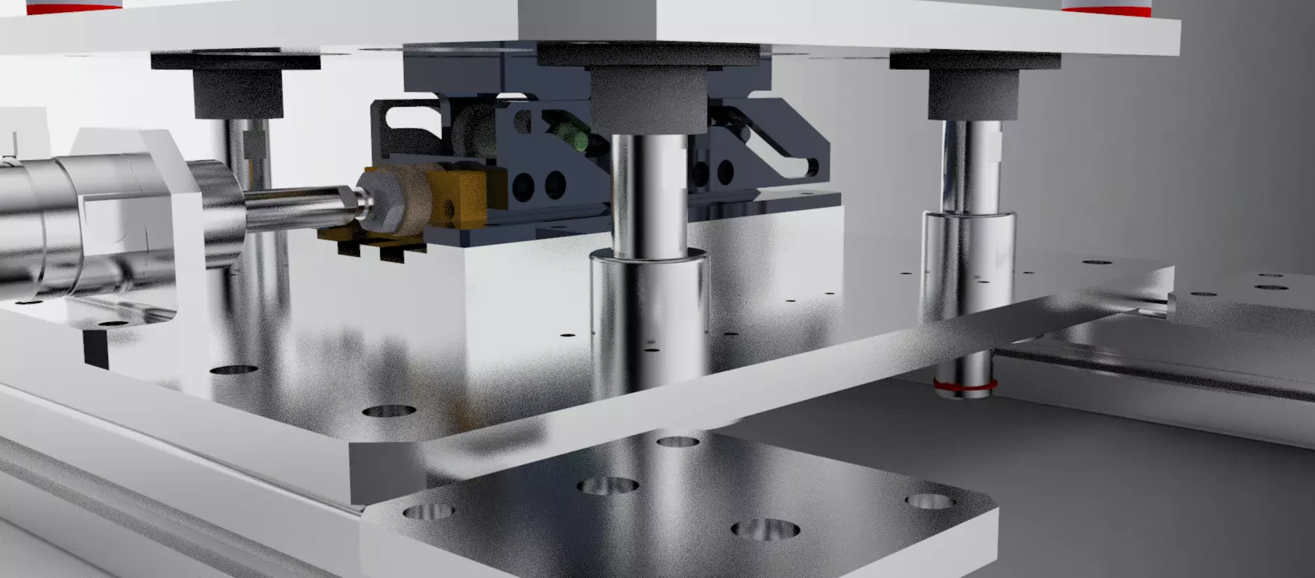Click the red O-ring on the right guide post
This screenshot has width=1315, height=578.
point(965,386)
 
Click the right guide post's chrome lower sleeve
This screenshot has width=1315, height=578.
point(968,261)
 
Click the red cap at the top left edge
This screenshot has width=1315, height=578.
point(73,7)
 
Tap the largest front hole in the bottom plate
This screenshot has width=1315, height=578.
point(765,530)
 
